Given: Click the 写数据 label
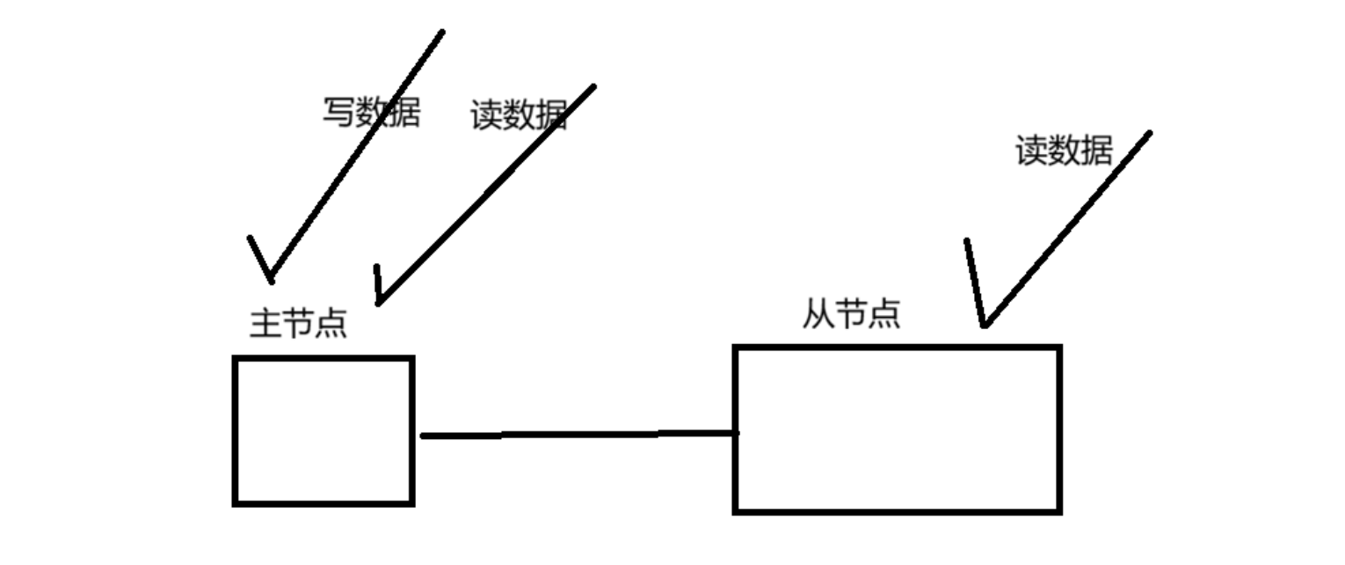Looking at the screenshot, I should point(371,113).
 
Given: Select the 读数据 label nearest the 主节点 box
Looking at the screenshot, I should point(519,115).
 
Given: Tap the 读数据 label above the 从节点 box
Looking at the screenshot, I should point(1064,150).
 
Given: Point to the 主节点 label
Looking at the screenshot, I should point(299,323).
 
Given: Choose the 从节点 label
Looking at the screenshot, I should point(851,313).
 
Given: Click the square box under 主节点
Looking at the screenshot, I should point(324,430).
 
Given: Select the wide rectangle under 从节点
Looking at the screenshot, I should point(897,429).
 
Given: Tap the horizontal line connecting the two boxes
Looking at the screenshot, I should point(576,434).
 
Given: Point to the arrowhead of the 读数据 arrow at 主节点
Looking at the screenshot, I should point(378,302).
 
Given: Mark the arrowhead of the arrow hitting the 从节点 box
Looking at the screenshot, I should point(985,324).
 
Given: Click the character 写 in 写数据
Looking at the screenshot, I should point(338,113).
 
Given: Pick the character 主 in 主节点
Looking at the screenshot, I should point(266,323).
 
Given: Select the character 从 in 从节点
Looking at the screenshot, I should point(818,313).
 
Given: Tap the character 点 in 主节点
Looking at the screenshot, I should point(331,323).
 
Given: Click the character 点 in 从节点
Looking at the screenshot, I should point(883,313).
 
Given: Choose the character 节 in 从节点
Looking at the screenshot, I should point(851,313).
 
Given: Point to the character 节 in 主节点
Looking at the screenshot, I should point(299,323).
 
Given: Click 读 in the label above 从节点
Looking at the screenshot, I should point(1032,150).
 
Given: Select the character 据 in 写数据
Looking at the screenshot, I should point(403,113).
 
